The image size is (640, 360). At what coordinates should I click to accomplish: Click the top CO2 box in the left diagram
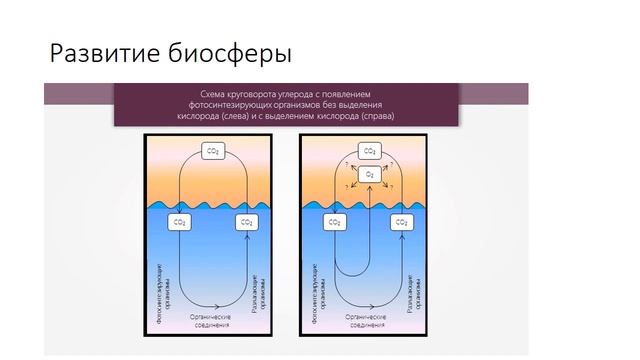point(213,151)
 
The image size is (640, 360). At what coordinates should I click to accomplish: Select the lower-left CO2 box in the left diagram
point(181,222)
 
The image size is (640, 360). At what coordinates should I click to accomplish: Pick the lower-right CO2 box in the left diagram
point(245,222)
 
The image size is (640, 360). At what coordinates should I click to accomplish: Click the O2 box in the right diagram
point(370,174)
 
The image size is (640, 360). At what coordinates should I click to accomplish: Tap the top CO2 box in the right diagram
point(370,151)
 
